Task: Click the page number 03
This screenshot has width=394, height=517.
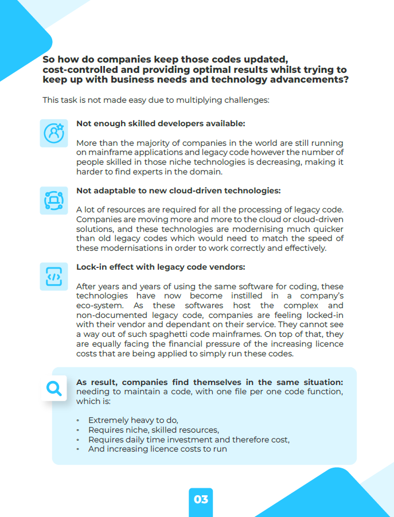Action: [201, 499]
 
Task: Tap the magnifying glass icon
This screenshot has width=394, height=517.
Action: [54, 389]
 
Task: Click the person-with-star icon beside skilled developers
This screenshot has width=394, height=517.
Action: [54, 133]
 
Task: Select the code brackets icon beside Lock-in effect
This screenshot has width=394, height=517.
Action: [54, 277]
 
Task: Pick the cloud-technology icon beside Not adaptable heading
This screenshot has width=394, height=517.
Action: [54, 200]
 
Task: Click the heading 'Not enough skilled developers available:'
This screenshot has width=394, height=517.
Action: [161, 123]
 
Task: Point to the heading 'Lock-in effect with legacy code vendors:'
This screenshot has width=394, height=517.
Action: [161, 267]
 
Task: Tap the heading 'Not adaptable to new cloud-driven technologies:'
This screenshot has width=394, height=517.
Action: [178, 191]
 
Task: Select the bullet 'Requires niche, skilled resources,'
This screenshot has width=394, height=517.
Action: [153, 430]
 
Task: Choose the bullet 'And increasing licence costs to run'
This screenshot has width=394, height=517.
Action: [157, 449]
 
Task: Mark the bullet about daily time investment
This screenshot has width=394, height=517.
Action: [189, 440]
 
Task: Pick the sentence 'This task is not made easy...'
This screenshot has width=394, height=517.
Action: [155, 100]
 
